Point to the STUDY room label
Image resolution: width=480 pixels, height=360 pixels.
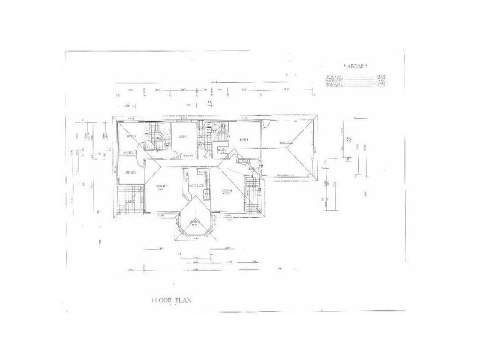131,173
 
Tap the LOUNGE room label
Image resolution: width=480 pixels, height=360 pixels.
226,191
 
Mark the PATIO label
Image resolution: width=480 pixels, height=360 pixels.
130,202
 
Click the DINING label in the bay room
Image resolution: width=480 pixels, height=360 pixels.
194,223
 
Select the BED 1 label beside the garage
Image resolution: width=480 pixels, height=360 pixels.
244,140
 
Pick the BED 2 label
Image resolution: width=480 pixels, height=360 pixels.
184,137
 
